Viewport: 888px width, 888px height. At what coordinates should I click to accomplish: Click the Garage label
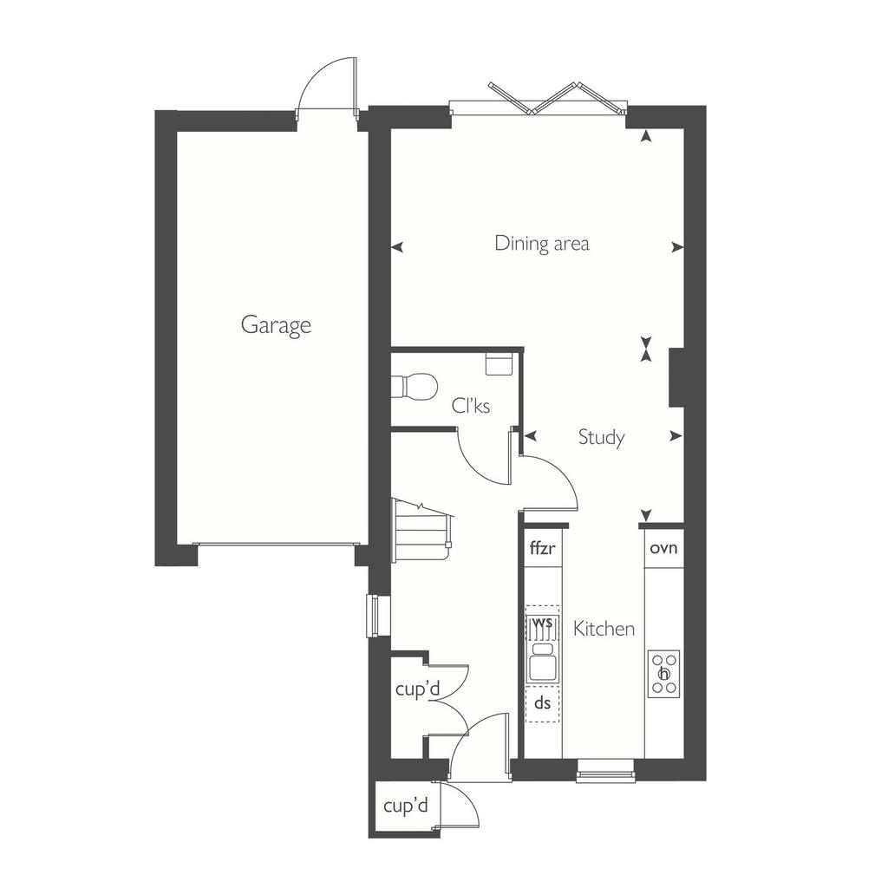(x=276, y=325)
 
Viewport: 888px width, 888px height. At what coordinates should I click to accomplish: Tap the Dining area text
(x=542, y=243)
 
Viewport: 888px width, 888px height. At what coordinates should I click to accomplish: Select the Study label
(x=602, y=437)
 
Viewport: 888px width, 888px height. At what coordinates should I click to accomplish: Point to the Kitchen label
(x=604, y=629)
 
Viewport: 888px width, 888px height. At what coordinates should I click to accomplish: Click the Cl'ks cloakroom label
(x=471, y=406)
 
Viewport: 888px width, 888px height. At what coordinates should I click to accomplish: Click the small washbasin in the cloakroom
(x=499, y=363)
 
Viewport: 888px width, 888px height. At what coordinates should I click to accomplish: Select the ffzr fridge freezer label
(x=543, y=548)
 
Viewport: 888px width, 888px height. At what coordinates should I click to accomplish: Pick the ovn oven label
(x=663, y=548)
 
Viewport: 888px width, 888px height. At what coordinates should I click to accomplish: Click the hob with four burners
(x=663, y=674)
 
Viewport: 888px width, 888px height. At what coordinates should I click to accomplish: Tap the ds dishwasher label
(x=543, y=702)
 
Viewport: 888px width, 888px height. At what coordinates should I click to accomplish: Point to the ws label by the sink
(x=543, y=622)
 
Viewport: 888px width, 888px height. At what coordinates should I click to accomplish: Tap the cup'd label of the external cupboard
(x=406, y=806)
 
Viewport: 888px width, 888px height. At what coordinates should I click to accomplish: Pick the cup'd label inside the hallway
(x=417, y=689)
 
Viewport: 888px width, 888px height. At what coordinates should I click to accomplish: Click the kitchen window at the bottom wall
(x=604, y=770)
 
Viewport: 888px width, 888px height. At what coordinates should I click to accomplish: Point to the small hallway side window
(x=373, y=616)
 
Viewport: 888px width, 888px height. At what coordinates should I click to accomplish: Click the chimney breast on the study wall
(x=677, y=378)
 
